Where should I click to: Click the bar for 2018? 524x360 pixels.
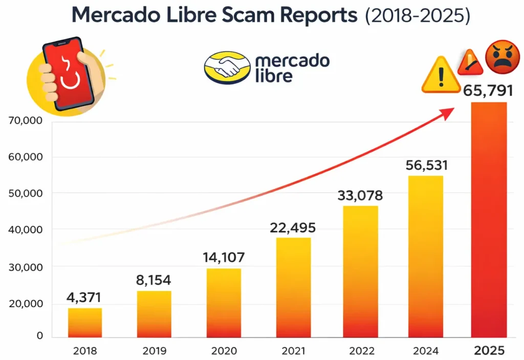coord(85,323)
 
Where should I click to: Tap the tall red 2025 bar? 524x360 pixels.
coord(489,220)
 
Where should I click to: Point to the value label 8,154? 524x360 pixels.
coord(154,280)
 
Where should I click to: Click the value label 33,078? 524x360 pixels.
coord(360,196)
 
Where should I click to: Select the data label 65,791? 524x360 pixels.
coord(488,92)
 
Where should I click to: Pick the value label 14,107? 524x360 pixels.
coord(223,257)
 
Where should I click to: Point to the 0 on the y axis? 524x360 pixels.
coord(39,336)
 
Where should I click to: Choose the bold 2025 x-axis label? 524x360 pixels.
coord(489,351)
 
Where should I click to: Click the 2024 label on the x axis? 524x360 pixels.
coord(426,351)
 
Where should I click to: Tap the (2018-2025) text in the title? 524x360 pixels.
coord(417,16)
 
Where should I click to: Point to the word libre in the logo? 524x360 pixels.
coord(274,76)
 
